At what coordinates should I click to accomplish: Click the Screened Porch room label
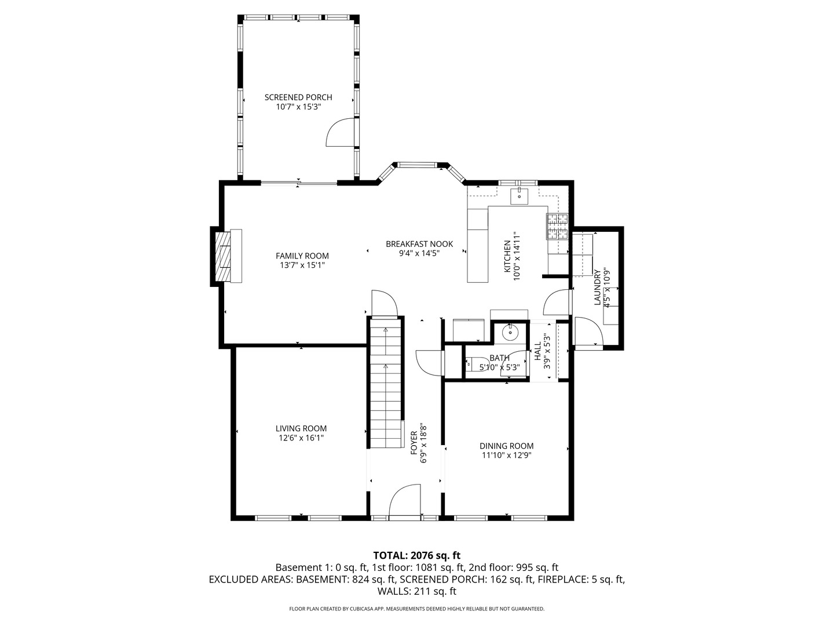(298, 97)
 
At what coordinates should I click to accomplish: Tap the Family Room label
(302, 256)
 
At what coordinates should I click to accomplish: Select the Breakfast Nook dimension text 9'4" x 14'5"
(419, 253)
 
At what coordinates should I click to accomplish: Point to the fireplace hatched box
(222, 256)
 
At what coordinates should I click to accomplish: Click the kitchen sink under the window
(519, 196)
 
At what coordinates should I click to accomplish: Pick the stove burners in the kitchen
(557, 227)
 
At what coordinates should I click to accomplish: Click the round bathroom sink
(510, 333)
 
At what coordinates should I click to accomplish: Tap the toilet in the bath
(477, 364)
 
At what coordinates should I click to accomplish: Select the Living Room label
(301, 428)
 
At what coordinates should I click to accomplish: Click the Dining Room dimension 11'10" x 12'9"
(506, 455)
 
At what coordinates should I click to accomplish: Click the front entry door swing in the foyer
(405, 499)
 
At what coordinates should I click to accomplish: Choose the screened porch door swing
(340, 132)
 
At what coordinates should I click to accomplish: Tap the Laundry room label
(597, 287)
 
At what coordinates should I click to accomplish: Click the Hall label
(537, 351)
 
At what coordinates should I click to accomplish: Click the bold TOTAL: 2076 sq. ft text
(417, 556)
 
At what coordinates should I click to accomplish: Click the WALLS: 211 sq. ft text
(417, 591)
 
